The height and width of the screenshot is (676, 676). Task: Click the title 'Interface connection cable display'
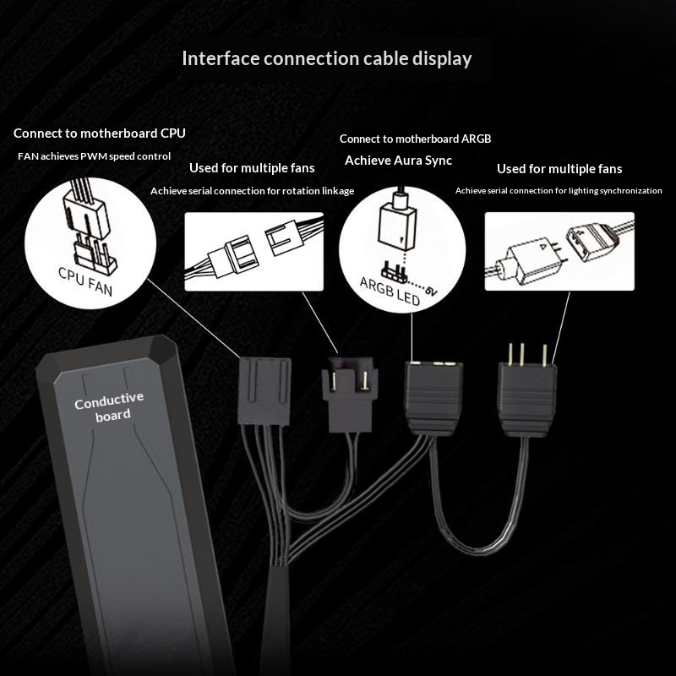coord(327,58)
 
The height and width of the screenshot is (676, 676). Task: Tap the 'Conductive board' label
coord(109,406)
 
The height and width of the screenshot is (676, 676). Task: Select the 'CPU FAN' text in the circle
coord(85,281)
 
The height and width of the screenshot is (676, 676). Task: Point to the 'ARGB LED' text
coord(390,291)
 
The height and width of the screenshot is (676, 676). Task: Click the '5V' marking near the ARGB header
coord(431,291)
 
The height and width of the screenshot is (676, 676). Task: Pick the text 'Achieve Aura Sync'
coord(398,161)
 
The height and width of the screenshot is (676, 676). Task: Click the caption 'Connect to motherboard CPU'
coord(100,134)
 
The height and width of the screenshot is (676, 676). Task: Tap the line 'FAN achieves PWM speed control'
coord(94,156)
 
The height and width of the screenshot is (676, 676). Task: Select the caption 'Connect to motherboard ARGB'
coord(415,139)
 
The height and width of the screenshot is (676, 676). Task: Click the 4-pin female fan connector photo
coord(264,391)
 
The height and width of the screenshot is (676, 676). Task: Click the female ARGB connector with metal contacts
coord(433,398)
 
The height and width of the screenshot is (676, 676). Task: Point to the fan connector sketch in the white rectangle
coord(254,251)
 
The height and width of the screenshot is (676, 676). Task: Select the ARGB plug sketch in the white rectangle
coord(559,252)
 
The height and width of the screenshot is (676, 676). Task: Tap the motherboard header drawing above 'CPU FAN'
coord(95,254)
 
